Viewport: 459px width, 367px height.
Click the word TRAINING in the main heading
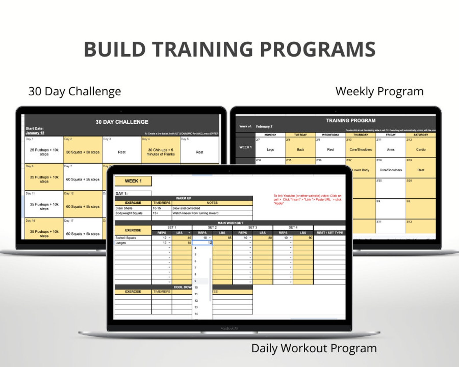[x=203, y=49]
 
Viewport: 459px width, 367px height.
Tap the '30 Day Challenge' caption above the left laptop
[x=75, y=91]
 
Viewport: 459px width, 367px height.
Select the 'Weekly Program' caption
[x=379, y=91]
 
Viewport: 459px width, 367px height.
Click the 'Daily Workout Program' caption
[x=314, y=348]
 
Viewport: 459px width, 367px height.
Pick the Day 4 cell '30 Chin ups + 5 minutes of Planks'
[x=160, y=152]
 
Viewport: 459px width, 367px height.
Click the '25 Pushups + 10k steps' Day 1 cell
[x=44, y=152]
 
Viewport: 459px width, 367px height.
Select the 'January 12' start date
[x=35, y=133]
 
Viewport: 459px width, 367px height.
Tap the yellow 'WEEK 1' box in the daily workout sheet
[x=133, y=181]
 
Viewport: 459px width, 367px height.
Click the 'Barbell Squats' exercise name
[x=126, y=238]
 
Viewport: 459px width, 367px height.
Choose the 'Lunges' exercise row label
[x=121, y=243]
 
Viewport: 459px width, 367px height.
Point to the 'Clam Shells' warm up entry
[x=124, y=208]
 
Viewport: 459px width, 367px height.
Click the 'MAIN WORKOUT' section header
[x=230, y=223]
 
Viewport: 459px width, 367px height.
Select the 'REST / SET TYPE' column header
[x=330, y=233]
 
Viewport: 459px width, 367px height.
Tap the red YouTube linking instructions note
[x=307, y=199]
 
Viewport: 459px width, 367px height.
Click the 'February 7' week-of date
[x=264, y=126]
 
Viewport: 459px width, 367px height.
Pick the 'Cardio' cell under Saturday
[x=421, y=149]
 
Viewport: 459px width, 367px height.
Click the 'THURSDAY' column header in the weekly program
[x=360, y=135]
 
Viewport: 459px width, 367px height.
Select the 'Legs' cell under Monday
[x=270, y=149]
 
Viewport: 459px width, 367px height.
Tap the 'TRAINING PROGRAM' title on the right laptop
[x=351, y=121]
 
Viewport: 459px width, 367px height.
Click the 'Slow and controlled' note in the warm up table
[x=186, y=208]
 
